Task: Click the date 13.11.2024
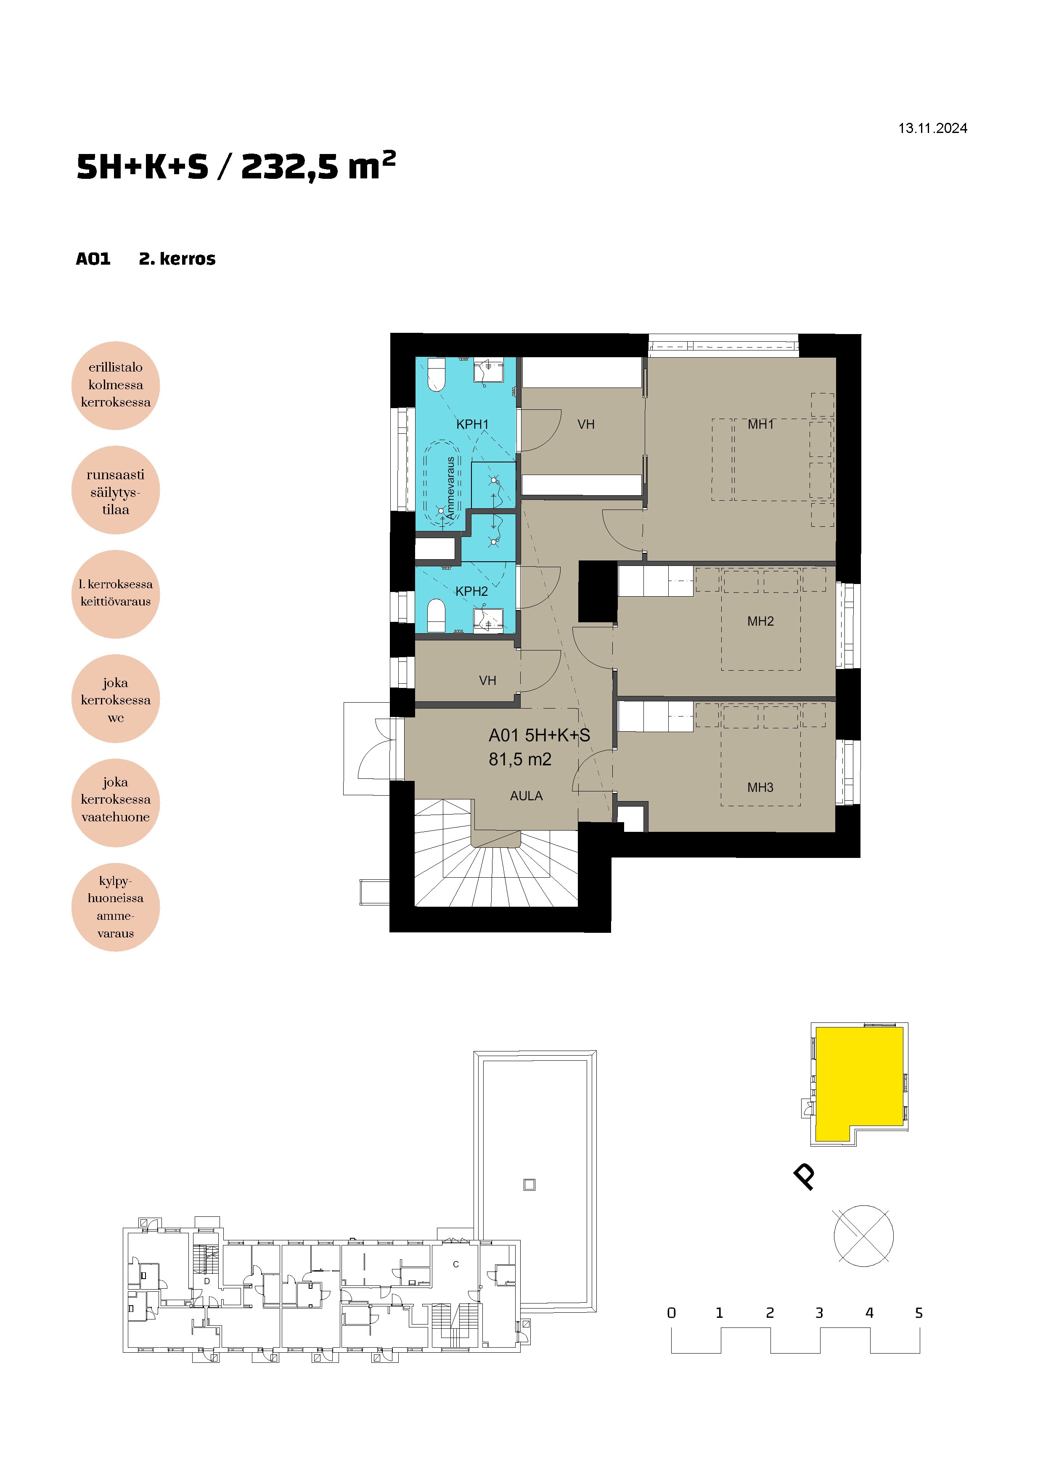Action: [932, 129]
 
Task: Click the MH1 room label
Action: [761, 424]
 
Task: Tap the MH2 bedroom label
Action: [760, 621]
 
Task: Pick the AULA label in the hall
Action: [526, 796]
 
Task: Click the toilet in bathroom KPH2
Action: [437, 616]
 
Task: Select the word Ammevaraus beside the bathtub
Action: [450, 488]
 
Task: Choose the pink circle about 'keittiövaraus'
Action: [116, 594]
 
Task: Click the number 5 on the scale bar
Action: [919, 1313]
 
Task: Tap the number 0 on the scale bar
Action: [672, 1313]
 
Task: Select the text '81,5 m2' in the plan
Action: [520, 759]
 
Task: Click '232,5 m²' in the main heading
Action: [318, 166]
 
